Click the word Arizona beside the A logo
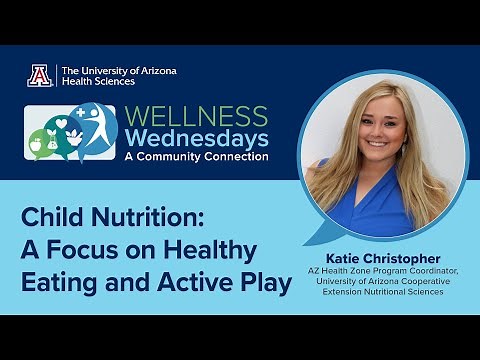[153, 70]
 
